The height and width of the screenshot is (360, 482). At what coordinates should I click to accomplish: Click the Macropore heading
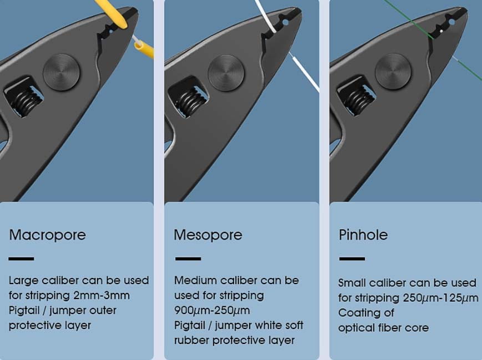48,235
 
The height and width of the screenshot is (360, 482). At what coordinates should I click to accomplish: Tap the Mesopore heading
208,235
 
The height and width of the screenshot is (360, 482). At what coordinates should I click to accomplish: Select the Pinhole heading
363,235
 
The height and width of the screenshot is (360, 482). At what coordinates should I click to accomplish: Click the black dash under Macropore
21,259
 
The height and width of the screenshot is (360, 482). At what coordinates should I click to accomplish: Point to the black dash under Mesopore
188,259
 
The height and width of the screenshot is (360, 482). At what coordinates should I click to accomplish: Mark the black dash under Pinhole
352,259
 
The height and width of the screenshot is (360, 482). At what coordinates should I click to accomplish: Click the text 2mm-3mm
102,296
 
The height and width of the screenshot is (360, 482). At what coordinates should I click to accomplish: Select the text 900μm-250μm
212,311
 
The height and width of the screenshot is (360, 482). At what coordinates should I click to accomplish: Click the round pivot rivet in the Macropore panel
61,73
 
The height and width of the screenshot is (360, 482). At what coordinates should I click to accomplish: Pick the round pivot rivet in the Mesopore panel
226,73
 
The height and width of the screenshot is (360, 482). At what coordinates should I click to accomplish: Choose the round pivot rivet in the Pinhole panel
393,72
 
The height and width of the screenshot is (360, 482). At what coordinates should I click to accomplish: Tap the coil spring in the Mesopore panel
191,102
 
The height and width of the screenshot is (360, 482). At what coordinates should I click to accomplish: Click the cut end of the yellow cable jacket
138,46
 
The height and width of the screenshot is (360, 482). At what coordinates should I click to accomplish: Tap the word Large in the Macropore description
23,281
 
